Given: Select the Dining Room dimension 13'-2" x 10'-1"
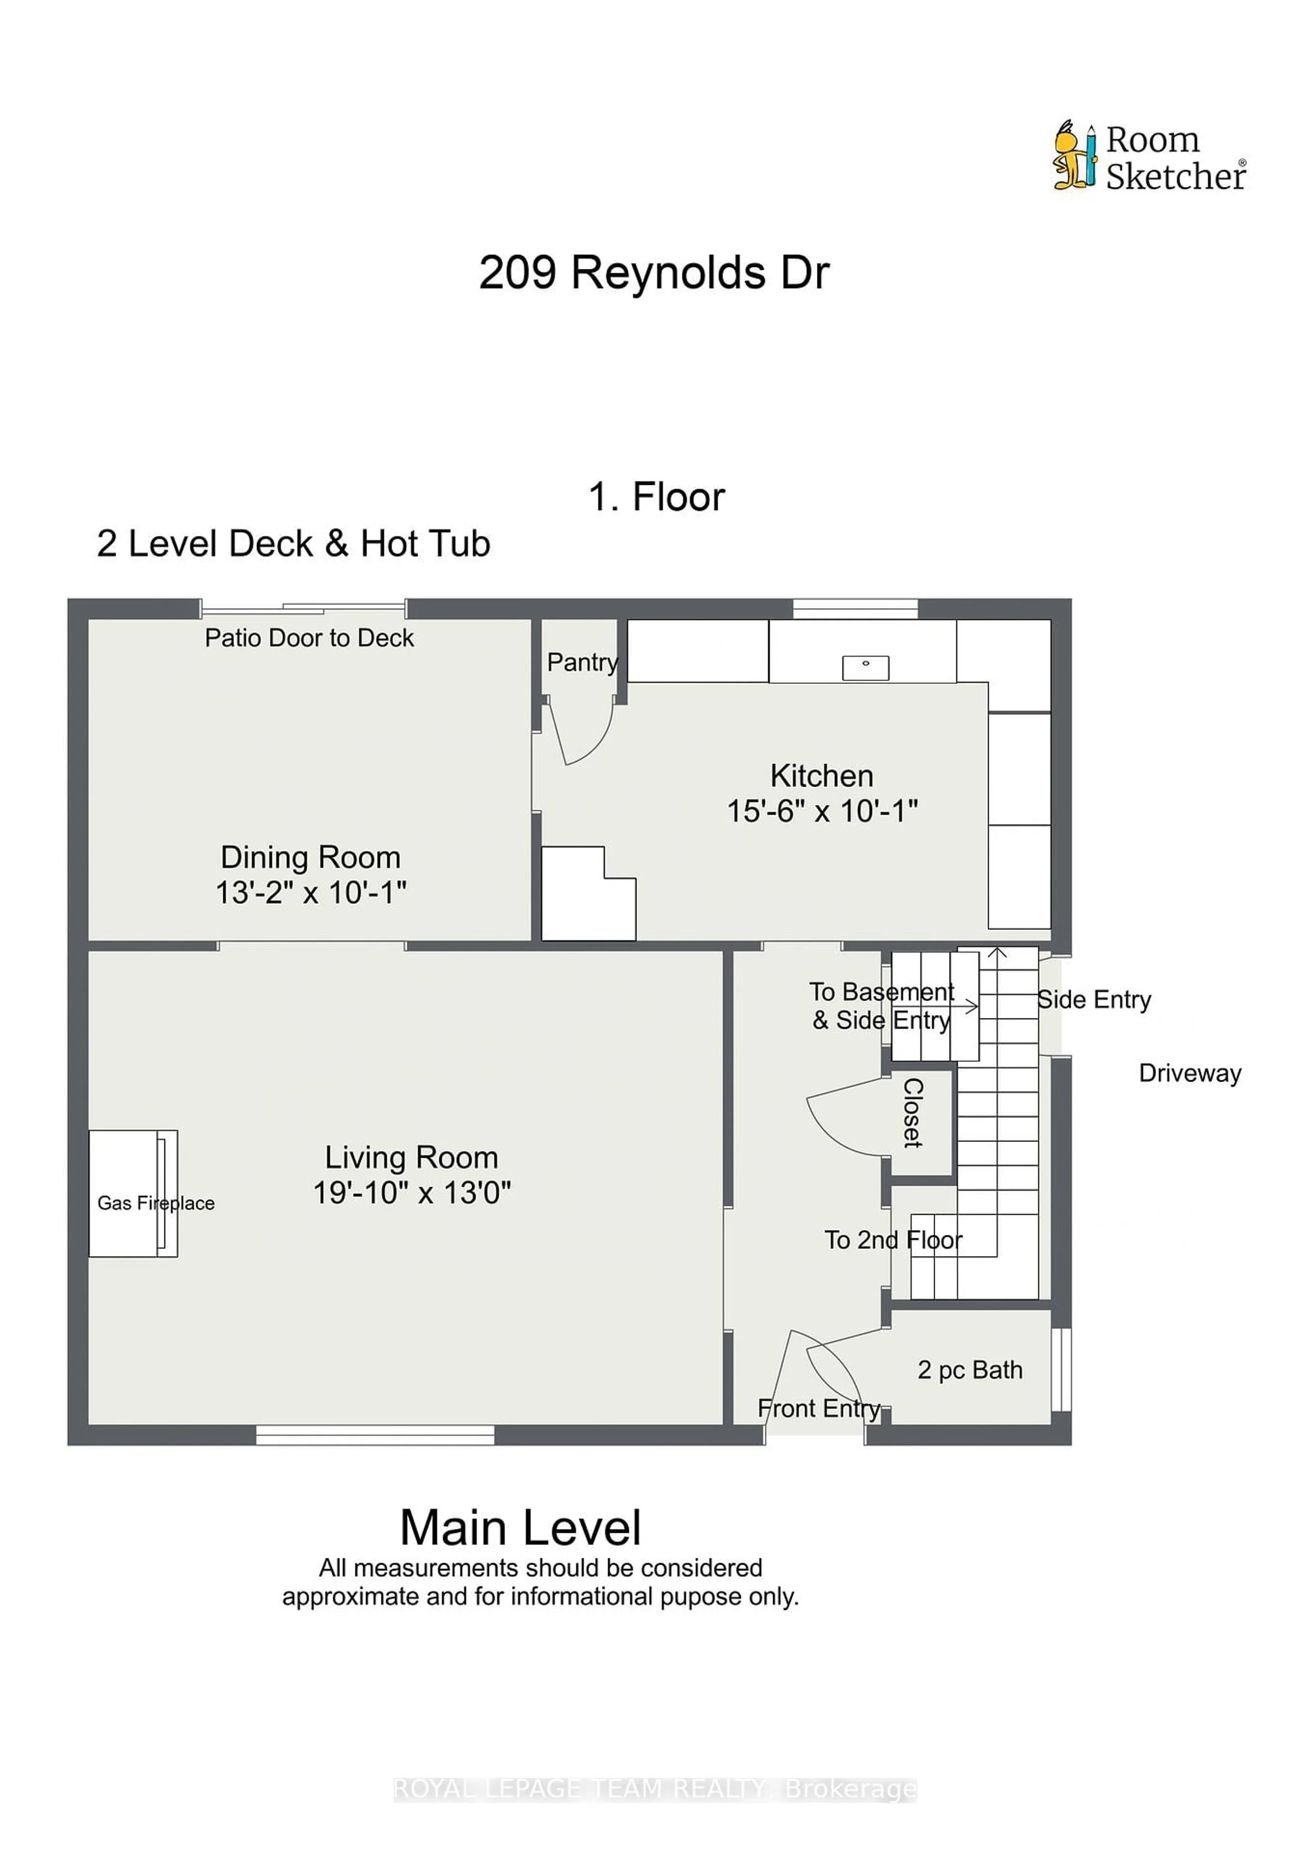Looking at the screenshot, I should (311, 892).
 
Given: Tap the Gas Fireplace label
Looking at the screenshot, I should (156, 1203).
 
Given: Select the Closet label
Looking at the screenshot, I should (912, 1112).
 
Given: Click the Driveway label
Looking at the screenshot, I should (1190, 1073).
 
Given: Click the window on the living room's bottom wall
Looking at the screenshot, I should (375, 1434).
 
